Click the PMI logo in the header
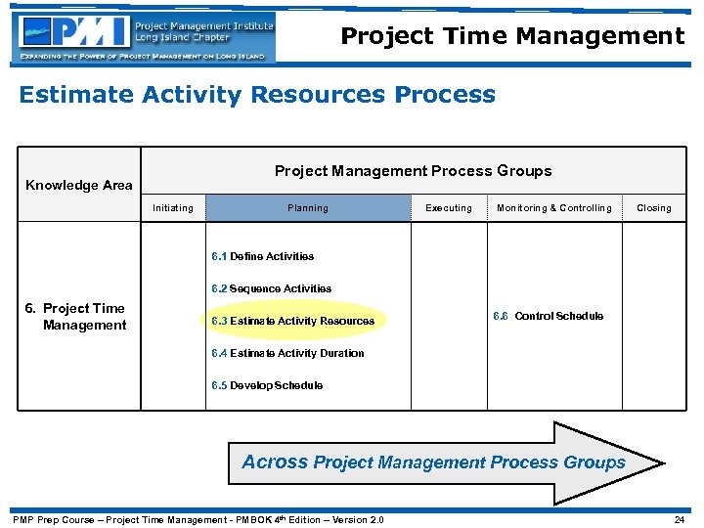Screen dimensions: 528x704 coord(144,37)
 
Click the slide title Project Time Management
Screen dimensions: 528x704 coord(512,37)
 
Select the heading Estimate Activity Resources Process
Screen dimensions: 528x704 coord(257,95)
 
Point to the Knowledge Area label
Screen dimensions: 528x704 coord(78,185)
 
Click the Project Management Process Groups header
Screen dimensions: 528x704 coord(413,171)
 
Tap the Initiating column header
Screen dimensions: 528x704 coord(173,207)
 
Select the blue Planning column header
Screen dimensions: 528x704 coord(308,207)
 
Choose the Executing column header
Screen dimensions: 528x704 coord(449,207)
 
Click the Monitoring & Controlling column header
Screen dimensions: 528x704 coord(554,207)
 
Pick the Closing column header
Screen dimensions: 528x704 coord(654,207)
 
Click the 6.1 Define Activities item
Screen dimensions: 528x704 coord(262,256)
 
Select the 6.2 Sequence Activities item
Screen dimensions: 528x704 coord(271,288)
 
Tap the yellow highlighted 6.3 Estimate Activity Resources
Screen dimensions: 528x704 coord(292,321)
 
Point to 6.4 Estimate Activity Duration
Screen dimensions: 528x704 coord(287,353)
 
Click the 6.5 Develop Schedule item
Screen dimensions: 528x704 coord(267,385)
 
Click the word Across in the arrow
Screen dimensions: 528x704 coord(275,462)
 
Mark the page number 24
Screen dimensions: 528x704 coord(679,519)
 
